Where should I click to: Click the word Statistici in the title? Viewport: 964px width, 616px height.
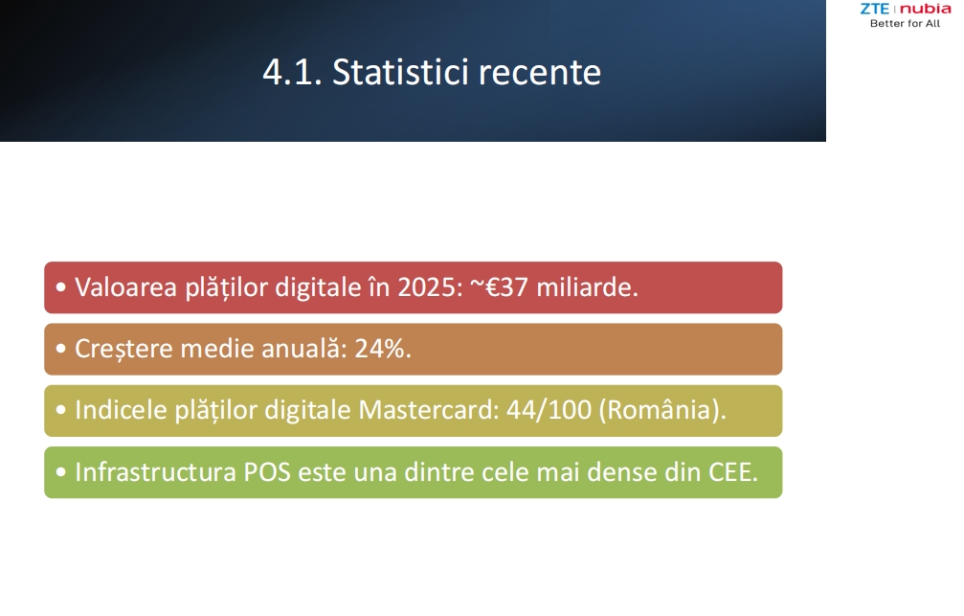[400, 72]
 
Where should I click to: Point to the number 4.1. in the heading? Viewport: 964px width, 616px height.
[292, 73]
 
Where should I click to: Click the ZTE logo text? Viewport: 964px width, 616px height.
[874, 9]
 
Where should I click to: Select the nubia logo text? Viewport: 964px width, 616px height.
[926, 9]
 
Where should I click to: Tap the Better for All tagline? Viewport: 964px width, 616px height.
[905, 23]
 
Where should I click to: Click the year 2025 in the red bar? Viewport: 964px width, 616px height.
[430, 287]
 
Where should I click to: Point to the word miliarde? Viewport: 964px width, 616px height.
[587, 287]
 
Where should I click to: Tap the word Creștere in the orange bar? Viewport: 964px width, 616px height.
[123, 350]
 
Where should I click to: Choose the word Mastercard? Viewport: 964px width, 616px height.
[429, 410]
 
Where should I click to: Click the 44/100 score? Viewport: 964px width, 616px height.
[549, 410]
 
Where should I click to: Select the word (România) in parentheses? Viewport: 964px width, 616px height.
[662, 410]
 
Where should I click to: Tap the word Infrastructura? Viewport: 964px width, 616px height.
[155, 472]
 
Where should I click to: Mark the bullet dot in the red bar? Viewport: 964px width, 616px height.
[60, 286]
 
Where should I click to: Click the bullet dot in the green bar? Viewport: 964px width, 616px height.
[60, 472]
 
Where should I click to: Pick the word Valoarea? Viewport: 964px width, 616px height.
[126, 287]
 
